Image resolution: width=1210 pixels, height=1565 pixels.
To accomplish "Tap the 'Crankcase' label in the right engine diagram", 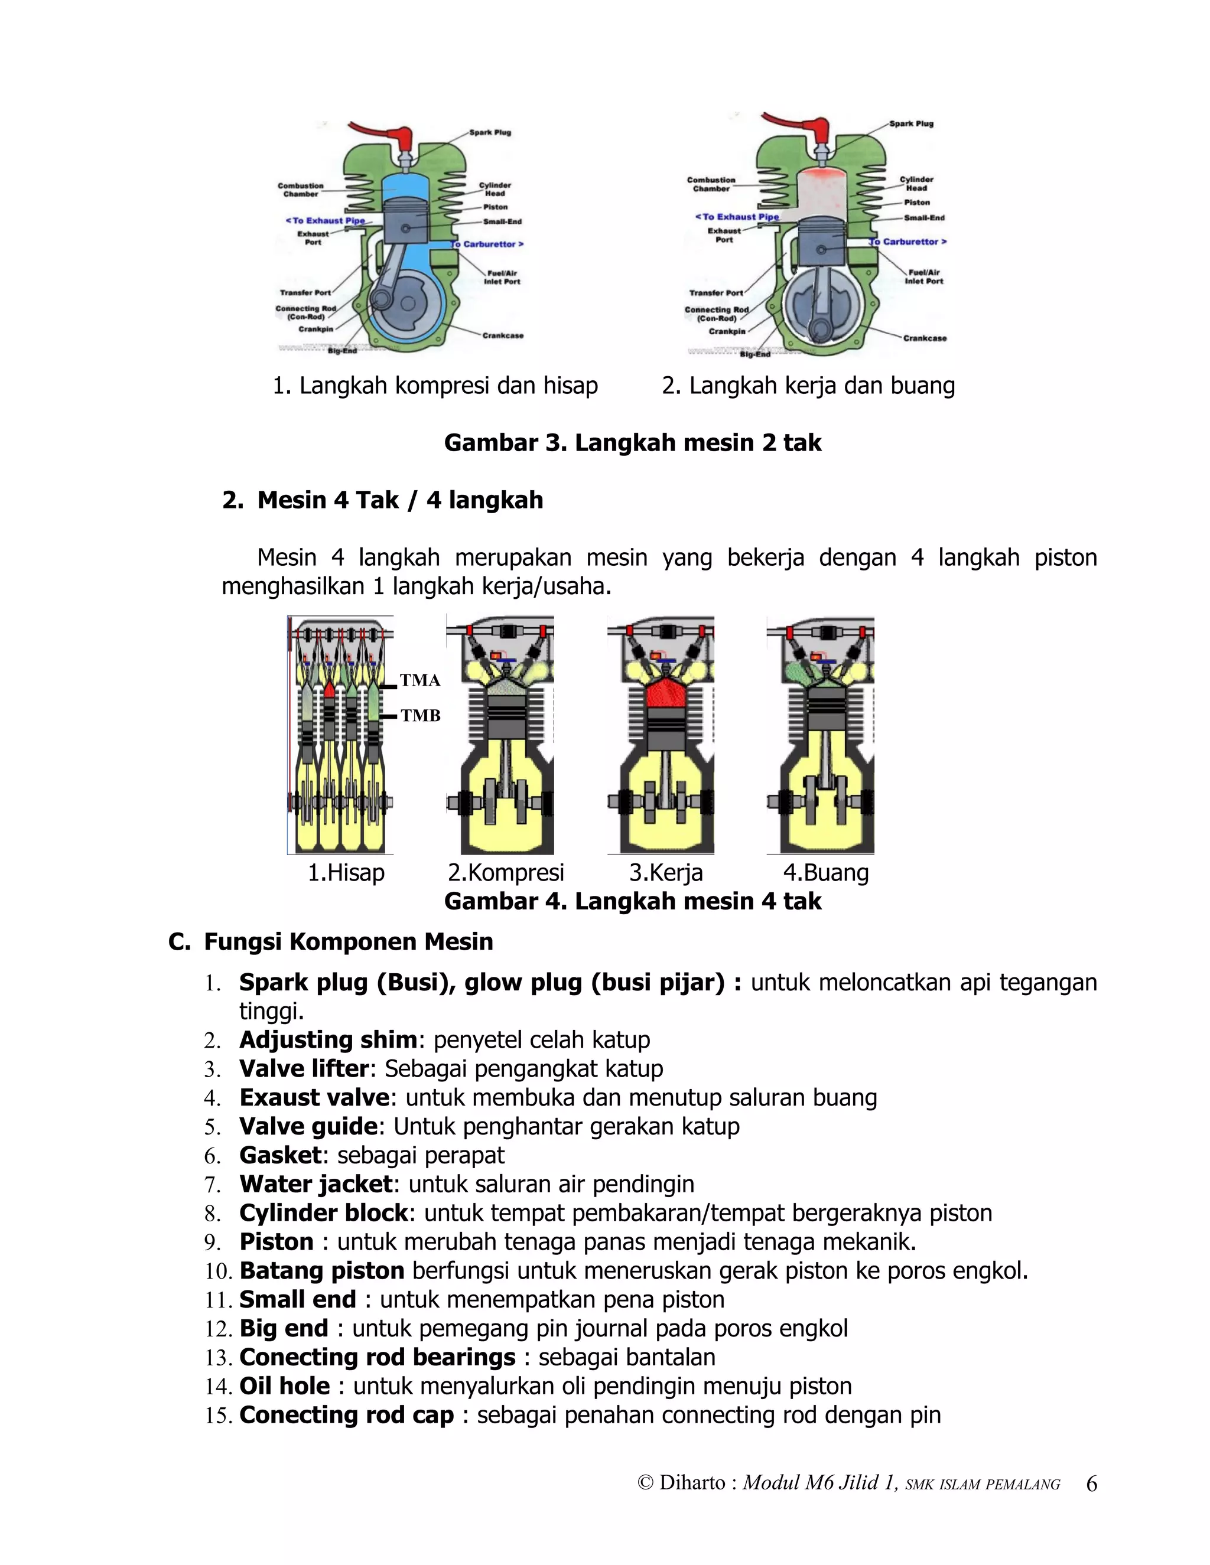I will (x=924, y=338).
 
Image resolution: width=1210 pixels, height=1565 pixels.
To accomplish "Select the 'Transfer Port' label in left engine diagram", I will (x=305, y=292).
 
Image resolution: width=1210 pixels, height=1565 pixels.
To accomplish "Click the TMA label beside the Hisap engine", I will (x=420, y=680).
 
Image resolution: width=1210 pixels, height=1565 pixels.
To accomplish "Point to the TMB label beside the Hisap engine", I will (x=420, y=715).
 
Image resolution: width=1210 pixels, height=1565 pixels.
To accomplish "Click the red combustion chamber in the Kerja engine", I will (x=666, y=692).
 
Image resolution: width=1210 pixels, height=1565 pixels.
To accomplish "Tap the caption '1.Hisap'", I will (x=346, y=873).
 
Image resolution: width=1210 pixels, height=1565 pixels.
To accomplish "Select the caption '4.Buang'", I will (x=826, y=873).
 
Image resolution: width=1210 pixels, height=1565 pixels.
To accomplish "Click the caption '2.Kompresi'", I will (x=506, y=873).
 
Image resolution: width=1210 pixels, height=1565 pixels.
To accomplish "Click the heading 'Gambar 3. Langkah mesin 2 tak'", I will (x=632, y=443).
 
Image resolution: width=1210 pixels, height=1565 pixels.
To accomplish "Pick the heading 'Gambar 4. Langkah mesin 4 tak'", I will (x=632, y=901).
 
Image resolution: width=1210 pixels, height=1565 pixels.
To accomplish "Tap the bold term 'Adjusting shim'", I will (x=327, y=1040).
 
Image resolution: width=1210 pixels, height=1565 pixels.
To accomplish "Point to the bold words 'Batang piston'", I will (x=322, y=1270).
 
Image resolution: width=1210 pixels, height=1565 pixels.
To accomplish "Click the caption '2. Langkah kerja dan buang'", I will (x=808, y=386).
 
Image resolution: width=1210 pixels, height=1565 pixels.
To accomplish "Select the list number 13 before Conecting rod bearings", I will (x=217, y=1358).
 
